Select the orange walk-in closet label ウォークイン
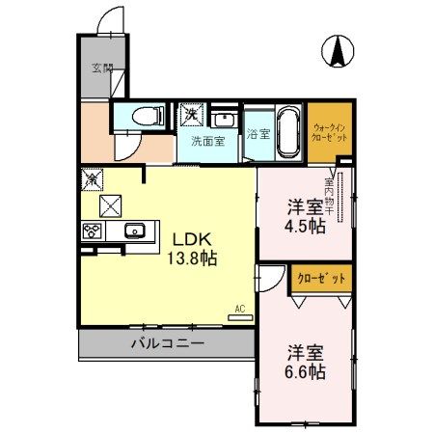(x=331, y=126)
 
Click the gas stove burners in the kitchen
(x=94, y=231)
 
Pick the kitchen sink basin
(x=135, y=231)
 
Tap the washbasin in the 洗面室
(x=225, y=120)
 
